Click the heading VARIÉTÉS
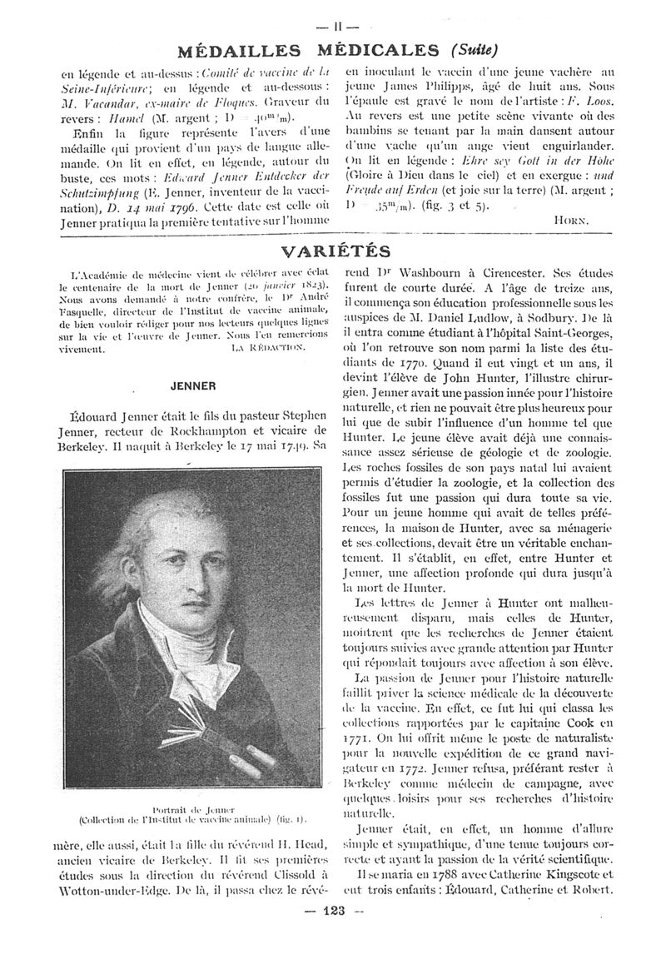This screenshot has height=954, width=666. [x=335, y=251]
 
